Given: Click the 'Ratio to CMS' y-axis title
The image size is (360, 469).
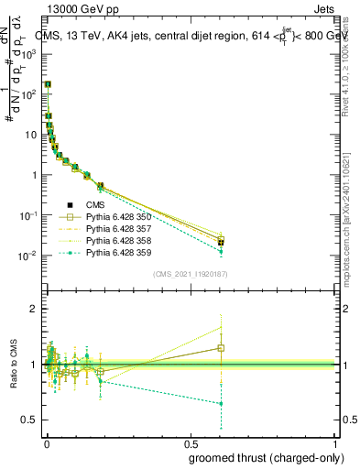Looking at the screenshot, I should click(14, 365).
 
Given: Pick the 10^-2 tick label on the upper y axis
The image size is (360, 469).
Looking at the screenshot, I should click(29, 256).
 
